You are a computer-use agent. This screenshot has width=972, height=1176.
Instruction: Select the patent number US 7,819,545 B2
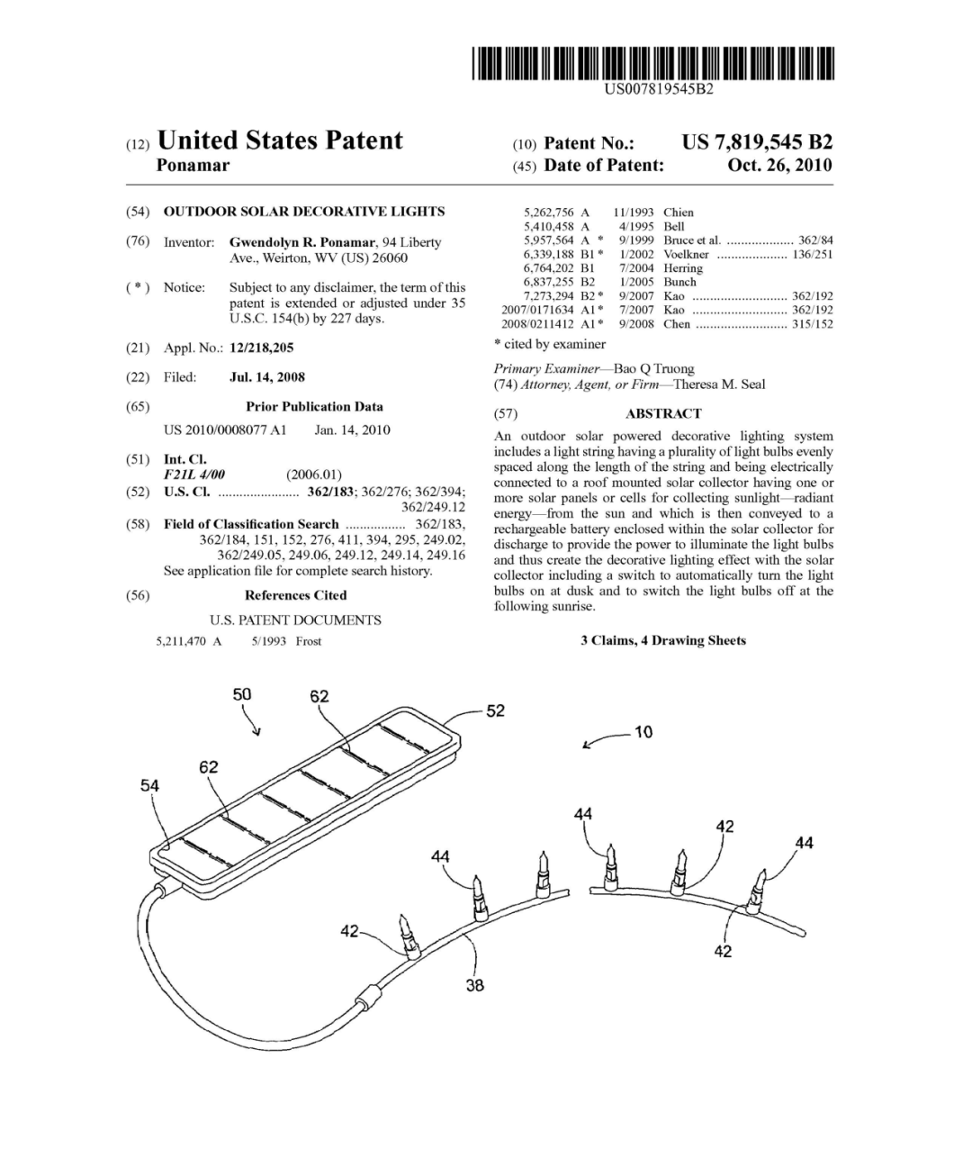(x=757, y=142)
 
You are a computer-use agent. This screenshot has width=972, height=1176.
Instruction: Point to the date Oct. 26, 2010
(x=779, y=165)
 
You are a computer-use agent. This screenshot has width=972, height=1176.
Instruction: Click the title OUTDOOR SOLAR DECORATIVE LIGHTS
(x=303, y=212)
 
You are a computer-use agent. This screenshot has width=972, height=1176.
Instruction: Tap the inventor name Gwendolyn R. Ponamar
(x=302, y=242)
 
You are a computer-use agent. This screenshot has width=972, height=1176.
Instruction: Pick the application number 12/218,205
(x=261, y=348)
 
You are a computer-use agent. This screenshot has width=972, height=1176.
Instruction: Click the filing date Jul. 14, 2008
(x=266, y=377)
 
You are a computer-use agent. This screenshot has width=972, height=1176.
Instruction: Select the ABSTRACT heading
(x=663, y=413)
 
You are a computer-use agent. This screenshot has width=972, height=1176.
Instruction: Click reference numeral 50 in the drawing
(x=242, y=694)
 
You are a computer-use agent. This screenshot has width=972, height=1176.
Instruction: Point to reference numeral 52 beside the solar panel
(x=495, y=710)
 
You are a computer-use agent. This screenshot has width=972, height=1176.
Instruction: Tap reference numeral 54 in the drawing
(x=149, y=785)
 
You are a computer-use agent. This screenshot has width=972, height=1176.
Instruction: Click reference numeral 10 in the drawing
(x=643, y=732)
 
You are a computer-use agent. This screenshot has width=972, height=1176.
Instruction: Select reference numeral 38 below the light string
(x=474, y=985)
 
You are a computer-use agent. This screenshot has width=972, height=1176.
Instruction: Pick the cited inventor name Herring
(x=683, y=268)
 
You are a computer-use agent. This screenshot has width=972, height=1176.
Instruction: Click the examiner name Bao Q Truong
(x=653, y=368)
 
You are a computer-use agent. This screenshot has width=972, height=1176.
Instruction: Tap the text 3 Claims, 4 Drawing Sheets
(x=663, y=640)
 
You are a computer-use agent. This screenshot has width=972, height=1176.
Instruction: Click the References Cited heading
(x=295, y=595)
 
